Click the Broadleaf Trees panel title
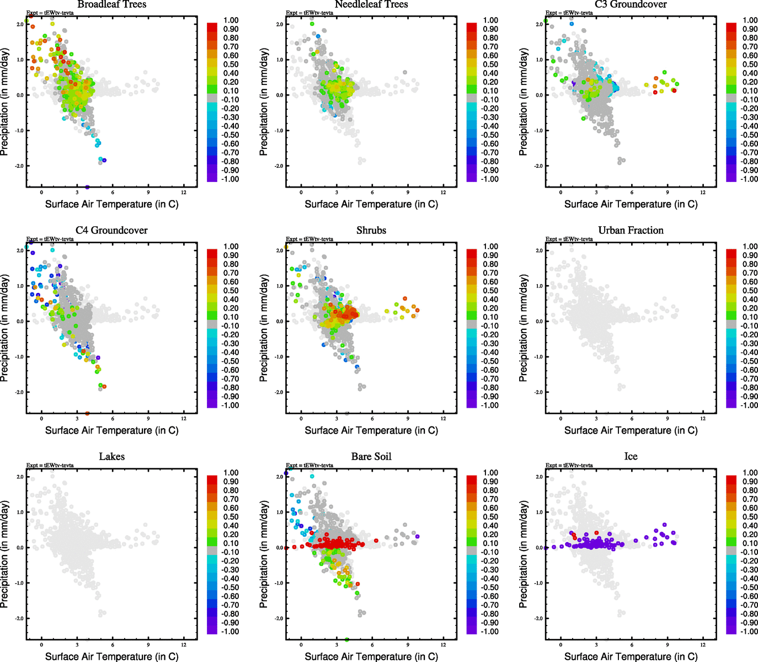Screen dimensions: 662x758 [112, 4]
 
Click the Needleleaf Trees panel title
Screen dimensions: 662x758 [371, 4]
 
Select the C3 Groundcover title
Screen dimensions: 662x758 [631, 4]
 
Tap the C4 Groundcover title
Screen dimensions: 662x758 [112, 231]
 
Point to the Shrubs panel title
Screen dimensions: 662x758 [371, 231]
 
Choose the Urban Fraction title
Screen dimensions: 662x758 [631, 231]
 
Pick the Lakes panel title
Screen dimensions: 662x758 [112, 457]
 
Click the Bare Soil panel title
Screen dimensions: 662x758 [371, 457]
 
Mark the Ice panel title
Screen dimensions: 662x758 [631, 457]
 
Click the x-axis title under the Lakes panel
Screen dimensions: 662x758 [112, 656]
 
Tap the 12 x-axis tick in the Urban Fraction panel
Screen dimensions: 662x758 [703, 419]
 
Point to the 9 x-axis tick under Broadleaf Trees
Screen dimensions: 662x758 [148, 193]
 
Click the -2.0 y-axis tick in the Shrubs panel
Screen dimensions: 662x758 [279, 392]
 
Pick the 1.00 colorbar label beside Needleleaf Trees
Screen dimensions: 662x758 [490, 20]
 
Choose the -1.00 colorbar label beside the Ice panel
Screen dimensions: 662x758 [749, 632]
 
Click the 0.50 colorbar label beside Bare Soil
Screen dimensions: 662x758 [490, 517]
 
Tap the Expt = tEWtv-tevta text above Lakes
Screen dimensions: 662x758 [50, 465]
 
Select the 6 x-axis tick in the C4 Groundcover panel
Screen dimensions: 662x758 [113, 419]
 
